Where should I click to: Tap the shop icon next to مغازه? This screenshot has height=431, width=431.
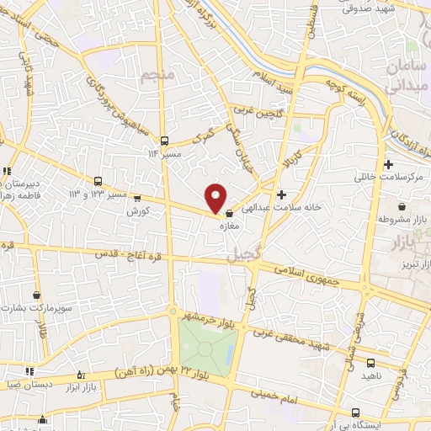point(230,215)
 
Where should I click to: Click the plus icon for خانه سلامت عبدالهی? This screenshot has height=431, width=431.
point(292,195)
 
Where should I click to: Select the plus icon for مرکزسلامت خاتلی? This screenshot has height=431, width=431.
point(388,164)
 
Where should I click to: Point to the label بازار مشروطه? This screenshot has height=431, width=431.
point(398,219)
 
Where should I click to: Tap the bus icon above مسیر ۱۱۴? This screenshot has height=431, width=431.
point(164,141)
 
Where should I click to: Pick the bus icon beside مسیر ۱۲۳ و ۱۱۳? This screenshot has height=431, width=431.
point(98,181)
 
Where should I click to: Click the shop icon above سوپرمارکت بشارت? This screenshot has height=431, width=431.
point(37,295)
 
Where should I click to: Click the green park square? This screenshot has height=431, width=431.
point(206,343)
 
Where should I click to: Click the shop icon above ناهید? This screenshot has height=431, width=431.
point(371,362)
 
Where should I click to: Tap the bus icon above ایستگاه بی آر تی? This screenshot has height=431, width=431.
point(355,412)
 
